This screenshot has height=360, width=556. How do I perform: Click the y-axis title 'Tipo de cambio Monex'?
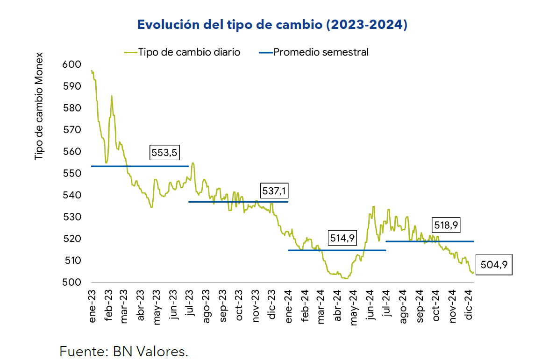tap(39, 106)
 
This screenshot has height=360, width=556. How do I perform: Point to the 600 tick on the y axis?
tap(71, 64)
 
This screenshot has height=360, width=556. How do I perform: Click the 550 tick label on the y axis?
tap(71, 174)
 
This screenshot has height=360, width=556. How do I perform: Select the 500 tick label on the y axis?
tap(71, 282)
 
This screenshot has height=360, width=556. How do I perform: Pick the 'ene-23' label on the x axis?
tap(93, 306)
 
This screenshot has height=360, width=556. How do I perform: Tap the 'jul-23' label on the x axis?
tap(190, 306)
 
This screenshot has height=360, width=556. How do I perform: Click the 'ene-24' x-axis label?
tap(289, 306)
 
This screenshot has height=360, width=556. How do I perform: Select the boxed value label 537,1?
tap(274, 191)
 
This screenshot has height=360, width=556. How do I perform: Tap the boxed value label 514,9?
tap(342, 238)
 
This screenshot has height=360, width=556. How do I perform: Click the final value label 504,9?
tap(494, 265)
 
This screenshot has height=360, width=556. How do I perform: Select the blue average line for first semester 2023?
tap(140, 166)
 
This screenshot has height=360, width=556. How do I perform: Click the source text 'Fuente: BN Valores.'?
tap(124, 351)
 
